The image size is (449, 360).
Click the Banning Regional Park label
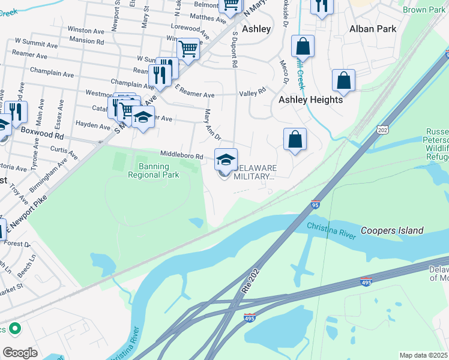(153, 170)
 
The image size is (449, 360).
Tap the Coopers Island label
(392, 230)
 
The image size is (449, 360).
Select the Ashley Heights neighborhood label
(310, 100)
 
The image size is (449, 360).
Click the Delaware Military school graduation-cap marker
(226, 160)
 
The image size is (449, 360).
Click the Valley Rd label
(252, 92)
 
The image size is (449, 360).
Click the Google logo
(20, 353)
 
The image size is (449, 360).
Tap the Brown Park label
(424, 10)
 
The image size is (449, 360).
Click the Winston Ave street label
(86, 29)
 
